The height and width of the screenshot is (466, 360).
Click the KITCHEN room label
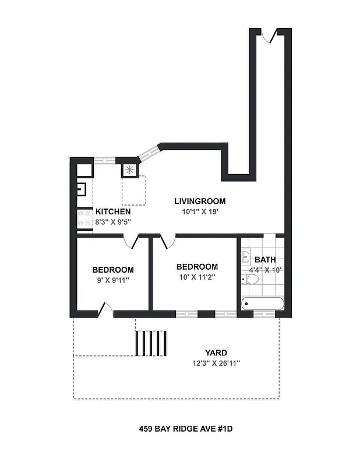(112, 211)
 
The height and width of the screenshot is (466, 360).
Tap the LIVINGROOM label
(200, 202)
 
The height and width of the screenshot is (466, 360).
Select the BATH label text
(265, 260)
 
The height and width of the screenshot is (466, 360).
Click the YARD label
(216, 353)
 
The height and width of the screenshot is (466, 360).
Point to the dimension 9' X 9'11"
(112, 280)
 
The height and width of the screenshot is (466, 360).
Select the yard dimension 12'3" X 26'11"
(216, 363)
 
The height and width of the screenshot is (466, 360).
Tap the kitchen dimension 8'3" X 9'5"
(112, 221)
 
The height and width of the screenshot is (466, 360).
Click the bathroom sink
(245, 256)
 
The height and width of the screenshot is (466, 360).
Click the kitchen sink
(82, 189)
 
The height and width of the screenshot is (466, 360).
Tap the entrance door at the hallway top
(267, 35)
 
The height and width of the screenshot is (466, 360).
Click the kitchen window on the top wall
(105, 160)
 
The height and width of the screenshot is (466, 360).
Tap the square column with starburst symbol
(129, 170)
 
